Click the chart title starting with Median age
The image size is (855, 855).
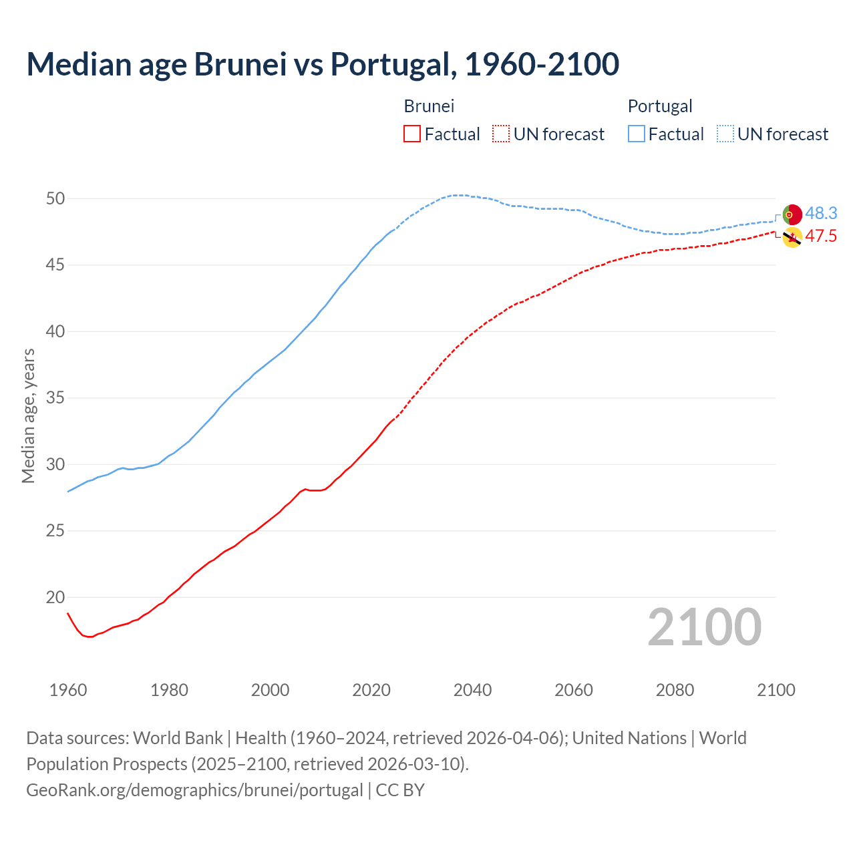coord(323,64)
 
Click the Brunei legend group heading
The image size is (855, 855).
coord(429,106)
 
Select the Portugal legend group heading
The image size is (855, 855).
coord(659,106)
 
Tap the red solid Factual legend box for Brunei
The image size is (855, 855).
coord(412,134)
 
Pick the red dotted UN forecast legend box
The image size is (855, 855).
coord(501,134)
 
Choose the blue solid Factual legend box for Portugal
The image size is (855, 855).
coord(636,134)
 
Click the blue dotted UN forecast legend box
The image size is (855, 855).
coord(725,134)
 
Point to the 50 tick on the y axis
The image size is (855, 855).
coord(55,198)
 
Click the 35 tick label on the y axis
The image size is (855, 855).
coord(55,398)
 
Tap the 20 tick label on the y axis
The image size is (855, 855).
coord(55,597)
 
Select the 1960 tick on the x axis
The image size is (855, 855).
coord(68,690)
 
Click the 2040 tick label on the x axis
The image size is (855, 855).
coord(472,690)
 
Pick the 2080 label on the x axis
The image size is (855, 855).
coord(675,690)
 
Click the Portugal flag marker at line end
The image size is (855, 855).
coord(792,214)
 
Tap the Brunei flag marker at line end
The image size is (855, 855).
coord(792,237)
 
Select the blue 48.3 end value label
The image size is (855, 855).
coord(821,213)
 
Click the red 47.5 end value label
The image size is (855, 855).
coord(821,236)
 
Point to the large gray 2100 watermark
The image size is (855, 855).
coord(704,627)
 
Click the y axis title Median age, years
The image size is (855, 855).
coord(28,415)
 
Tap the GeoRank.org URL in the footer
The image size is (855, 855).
coord(194,790)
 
